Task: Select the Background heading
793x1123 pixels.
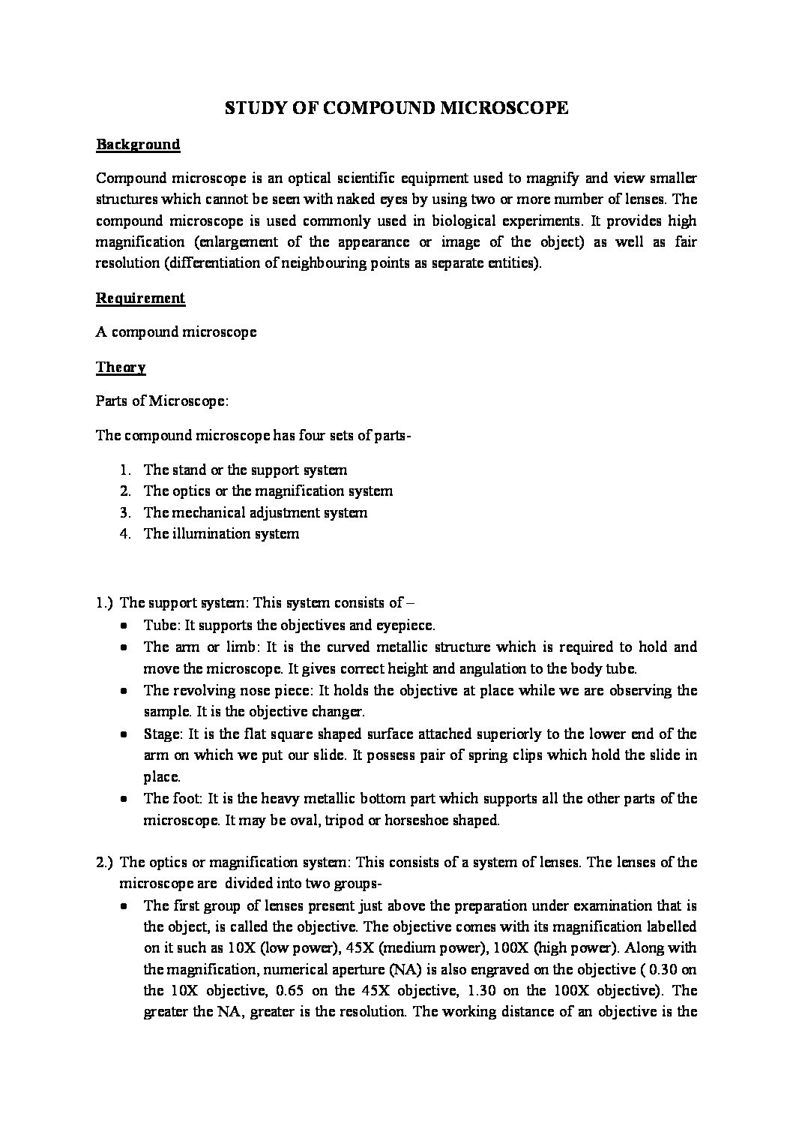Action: tap(138, 144)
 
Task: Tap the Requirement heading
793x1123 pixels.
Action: tap(140, 298)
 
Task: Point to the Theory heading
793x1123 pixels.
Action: tap(121, 367)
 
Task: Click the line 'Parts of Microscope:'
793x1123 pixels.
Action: tap(161, 401)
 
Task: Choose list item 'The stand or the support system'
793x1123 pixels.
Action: tap(245, 470)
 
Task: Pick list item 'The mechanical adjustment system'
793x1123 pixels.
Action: tap(255, 512)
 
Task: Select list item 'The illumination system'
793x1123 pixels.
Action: tap(221, 533)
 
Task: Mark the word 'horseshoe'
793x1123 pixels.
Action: tap(415, 820)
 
